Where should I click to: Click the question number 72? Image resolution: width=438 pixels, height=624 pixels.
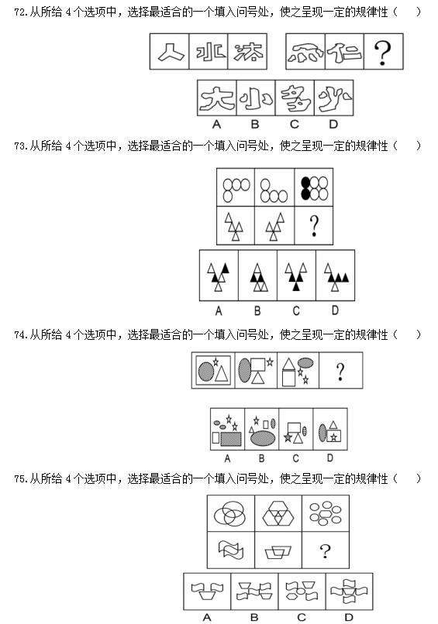(x=21, y=12)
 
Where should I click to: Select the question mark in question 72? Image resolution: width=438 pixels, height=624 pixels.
(x=383, y=53)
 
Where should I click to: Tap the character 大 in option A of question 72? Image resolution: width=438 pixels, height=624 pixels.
(x=216, y=98)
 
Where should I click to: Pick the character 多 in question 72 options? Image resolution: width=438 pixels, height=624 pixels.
(x=295, y=98)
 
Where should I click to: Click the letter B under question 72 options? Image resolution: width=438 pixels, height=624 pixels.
(x=255, y=125)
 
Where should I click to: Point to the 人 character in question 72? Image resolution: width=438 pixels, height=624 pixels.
(x=171, y=52)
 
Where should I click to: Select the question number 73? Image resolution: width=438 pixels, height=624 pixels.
(x=21, y=146)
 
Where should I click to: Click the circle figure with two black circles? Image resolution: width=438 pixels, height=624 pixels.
(x=315, y=188)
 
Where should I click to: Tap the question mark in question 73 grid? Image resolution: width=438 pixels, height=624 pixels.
(x=314, y=226)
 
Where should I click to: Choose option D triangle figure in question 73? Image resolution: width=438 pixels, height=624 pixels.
(x=336, y=276)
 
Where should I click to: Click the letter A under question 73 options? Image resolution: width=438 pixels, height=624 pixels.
(x=219, y=310)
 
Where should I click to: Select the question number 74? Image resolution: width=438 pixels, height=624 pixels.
(x=21, y=334)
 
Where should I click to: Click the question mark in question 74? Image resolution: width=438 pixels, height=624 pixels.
(x=340, y=372)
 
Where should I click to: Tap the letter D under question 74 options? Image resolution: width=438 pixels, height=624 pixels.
(x=330, y=458)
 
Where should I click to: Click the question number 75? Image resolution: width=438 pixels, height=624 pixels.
(x=21, y=478)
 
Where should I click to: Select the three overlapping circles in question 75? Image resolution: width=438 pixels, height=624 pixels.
(x=229, y=513)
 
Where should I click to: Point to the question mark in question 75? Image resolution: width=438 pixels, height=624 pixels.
(x=325, y=551)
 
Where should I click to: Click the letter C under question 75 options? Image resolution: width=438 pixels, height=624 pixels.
(x=302, y=617)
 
